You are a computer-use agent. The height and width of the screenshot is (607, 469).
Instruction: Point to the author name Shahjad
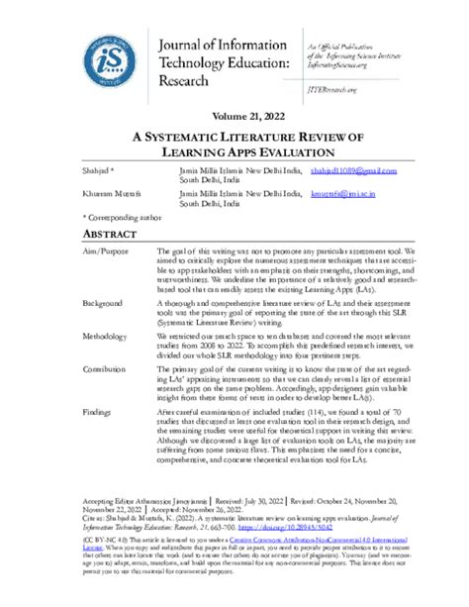coord(98,170)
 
